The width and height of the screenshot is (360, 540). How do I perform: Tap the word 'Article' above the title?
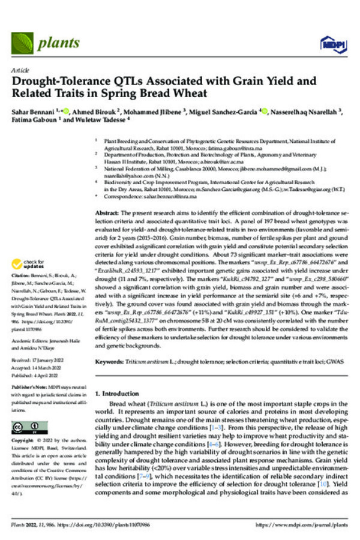[x=20, y=70]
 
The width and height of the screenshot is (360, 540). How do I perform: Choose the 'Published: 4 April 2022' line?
[x=38, y=373]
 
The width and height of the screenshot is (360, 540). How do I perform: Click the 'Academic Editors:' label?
[x=31, y=343]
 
